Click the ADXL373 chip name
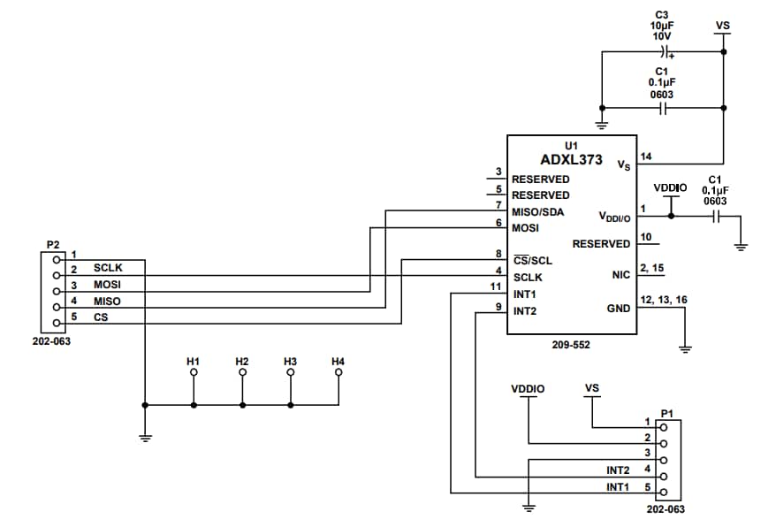(571, 160)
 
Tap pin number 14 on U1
(646, 157)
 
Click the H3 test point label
(290, 362)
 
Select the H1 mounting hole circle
(194, 373)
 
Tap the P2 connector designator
(52, 244)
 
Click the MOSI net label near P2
(107, 285)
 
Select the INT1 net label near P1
(618, 487)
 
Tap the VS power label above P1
(592, 387)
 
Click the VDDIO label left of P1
(528, 388)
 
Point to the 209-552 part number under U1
(571, 345)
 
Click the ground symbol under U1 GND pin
(684, 348)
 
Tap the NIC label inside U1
(620, 275)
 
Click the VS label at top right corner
(722, 27)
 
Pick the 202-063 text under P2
(51, 340)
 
